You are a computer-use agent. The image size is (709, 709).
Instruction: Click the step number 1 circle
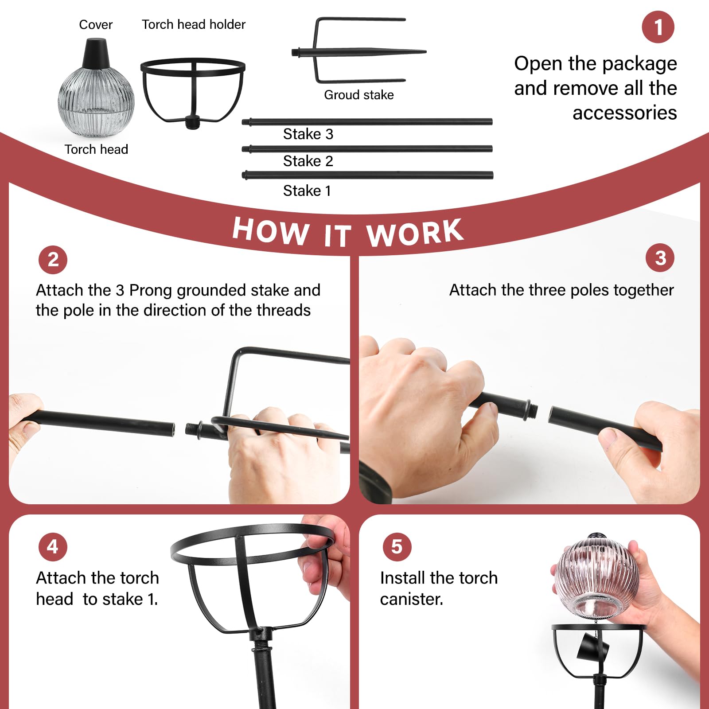(x=658, y=27)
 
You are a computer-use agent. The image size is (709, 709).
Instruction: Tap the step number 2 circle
(x=53, y=260)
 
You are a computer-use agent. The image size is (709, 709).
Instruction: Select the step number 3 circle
(x=660, y=258)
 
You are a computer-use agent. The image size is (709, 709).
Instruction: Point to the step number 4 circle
(x=53, y=547)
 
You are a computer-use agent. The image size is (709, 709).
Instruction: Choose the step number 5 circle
(x=397, y=547)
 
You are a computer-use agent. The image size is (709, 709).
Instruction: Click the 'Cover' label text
(x=96, y=25)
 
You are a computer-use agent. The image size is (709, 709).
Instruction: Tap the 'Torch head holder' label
(x=193, y=24)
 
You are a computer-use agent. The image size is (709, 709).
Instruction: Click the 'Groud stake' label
(x=359, y=95)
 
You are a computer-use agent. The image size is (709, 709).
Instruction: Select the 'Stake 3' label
(x=308, y=134)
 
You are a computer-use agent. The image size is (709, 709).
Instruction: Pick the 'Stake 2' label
(x=308, y=161)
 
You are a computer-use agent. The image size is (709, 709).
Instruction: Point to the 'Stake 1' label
(x=307, y=191)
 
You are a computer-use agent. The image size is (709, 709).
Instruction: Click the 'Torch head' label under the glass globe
(x=96, y=149)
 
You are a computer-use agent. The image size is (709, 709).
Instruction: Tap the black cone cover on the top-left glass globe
(x=96, y=53)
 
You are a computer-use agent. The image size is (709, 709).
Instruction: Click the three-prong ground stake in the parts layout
(x=359, y=51)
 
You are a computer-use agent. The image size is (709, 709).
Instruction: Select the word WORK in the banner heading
(x=415, y=232)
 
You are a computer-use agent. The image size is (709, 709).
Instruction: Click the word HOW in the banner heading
(x=271, y=230)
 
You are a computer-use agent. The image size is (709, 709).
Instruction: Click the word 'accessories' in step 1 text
(x=625, y=113)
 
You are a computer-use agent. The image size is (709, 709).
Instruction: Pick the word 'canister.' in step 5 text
(x=412, y=599)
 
